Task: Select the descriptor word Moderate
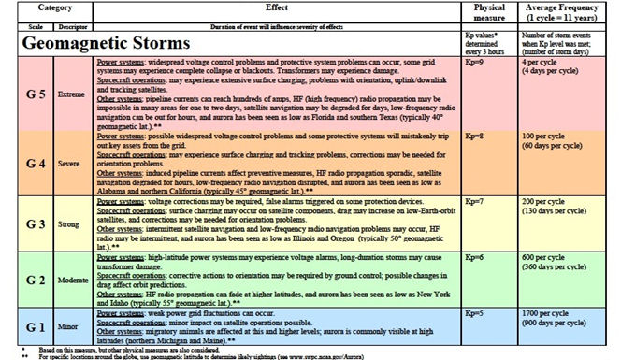click(67, 280)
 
